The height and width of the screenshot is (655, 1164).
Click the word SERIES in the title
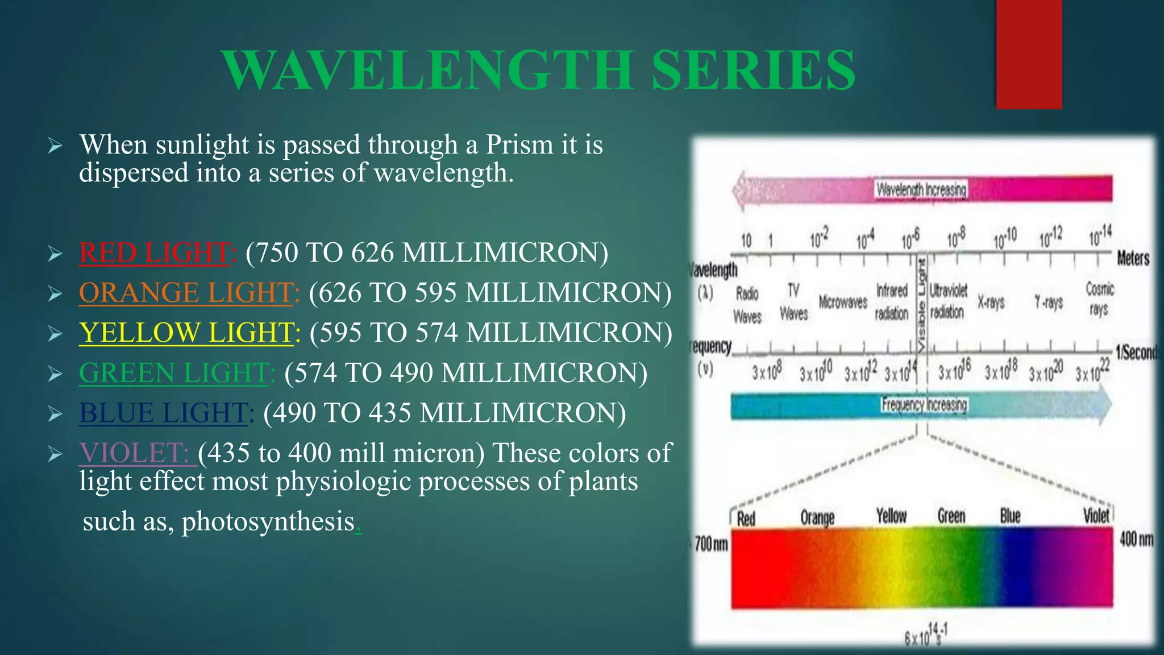753,71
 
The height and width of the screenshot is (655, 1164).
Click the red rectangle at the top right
1029,54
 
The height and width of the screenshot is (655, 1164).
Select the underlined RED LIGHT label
155,252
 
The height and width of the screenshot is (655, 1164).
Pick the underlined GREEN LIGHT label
174,373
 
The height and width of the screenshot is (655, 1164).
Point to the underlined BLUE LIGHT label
164,413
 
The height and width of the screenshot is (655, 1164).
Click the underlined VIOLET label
135,453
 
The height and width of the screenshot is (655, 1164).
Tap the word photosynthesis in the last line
268,521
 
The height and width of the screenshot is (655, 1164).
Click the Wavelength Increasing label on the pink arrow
921,189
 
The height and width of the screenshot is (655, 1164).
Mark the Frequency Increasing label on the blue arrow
924,405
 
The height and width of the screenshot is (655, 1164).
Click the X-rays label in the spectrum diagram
991,302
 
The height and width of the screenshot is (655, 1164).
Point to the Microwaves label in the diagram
843,302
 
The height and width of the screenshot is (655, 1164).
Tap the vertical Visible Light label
922,304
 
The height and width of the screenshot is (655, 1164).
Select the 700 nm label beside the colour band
711,544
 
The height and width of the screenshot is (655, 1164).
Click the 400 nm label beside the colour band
1136,538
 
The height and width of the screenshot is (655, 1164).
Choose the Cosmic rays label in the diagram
1100,299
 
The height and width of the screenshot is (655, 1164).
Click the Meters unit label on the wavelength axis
1133,259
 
